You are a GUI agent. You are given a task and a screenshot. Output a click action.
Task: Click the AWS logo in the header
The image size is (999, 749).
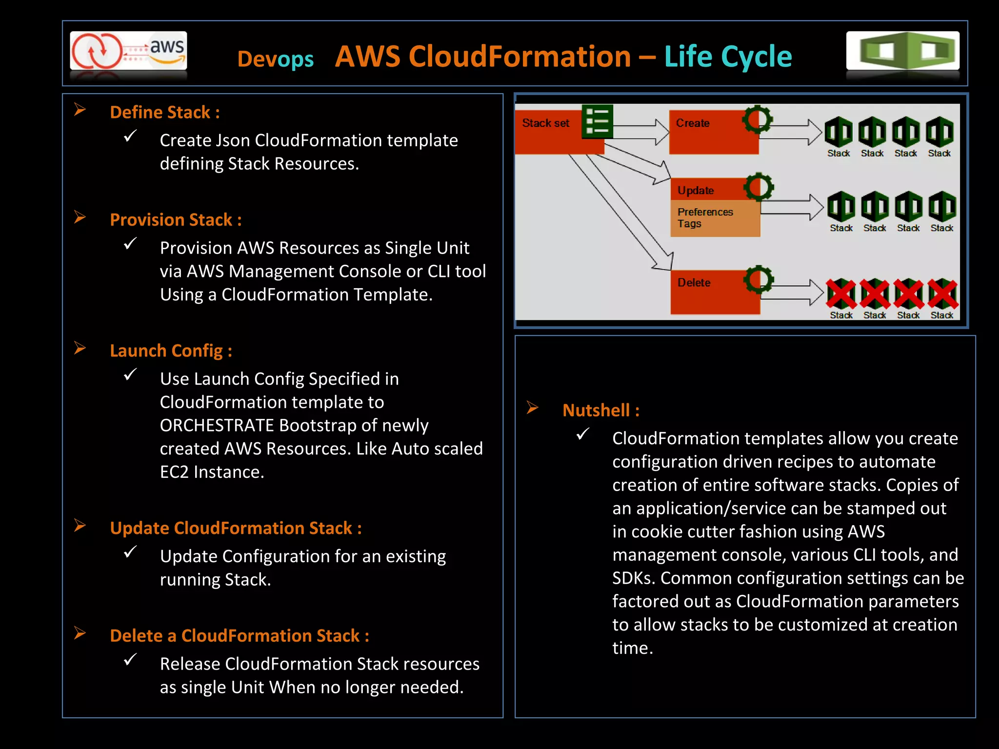(128, 51)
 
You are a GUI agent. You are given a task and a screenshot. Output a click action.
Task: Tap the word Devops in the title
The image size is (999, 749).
(275, 59)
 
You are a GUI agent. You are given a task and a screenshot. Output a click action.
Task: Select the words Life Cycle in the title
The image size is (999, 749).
(728, 57)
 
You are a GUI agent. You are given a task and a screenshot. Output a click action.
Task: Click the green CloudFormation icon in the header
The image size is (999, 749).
(902, 51)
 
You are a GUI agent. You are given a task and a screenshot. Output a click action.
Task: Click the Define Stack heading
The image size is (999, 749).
(164, 112)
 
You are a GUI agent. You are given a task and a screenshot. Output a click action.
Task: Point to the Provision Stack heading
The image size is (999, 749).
(175, 219)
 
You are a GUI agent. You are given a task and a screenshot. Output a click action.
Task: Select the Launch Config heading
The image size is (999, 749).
(170, 351)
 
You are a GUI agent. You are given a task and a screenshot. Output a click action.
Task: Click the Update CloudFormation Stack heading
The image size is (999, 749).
(235, 528)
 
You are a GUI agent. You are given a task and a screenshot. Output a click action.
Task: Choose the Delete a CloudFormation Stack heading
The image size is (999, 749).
(239, 635)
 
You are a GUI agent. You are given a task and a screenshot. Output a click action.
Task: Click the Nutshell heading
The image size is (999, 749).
(600, 410)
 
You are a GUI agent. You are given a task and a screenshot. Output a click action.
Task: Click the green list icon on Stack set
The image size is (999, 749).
(597, 121)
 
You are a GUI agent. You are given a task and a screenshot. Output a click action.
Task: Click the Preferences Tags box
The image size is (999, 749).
(714, 218)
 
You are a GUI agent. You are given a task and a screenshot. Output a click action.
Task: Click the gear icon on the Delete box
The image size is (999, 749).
(759, 279)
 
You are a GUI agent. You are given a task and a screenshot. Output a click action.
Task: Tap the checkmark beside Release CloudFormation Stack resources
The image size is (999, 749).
(130, 659)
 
